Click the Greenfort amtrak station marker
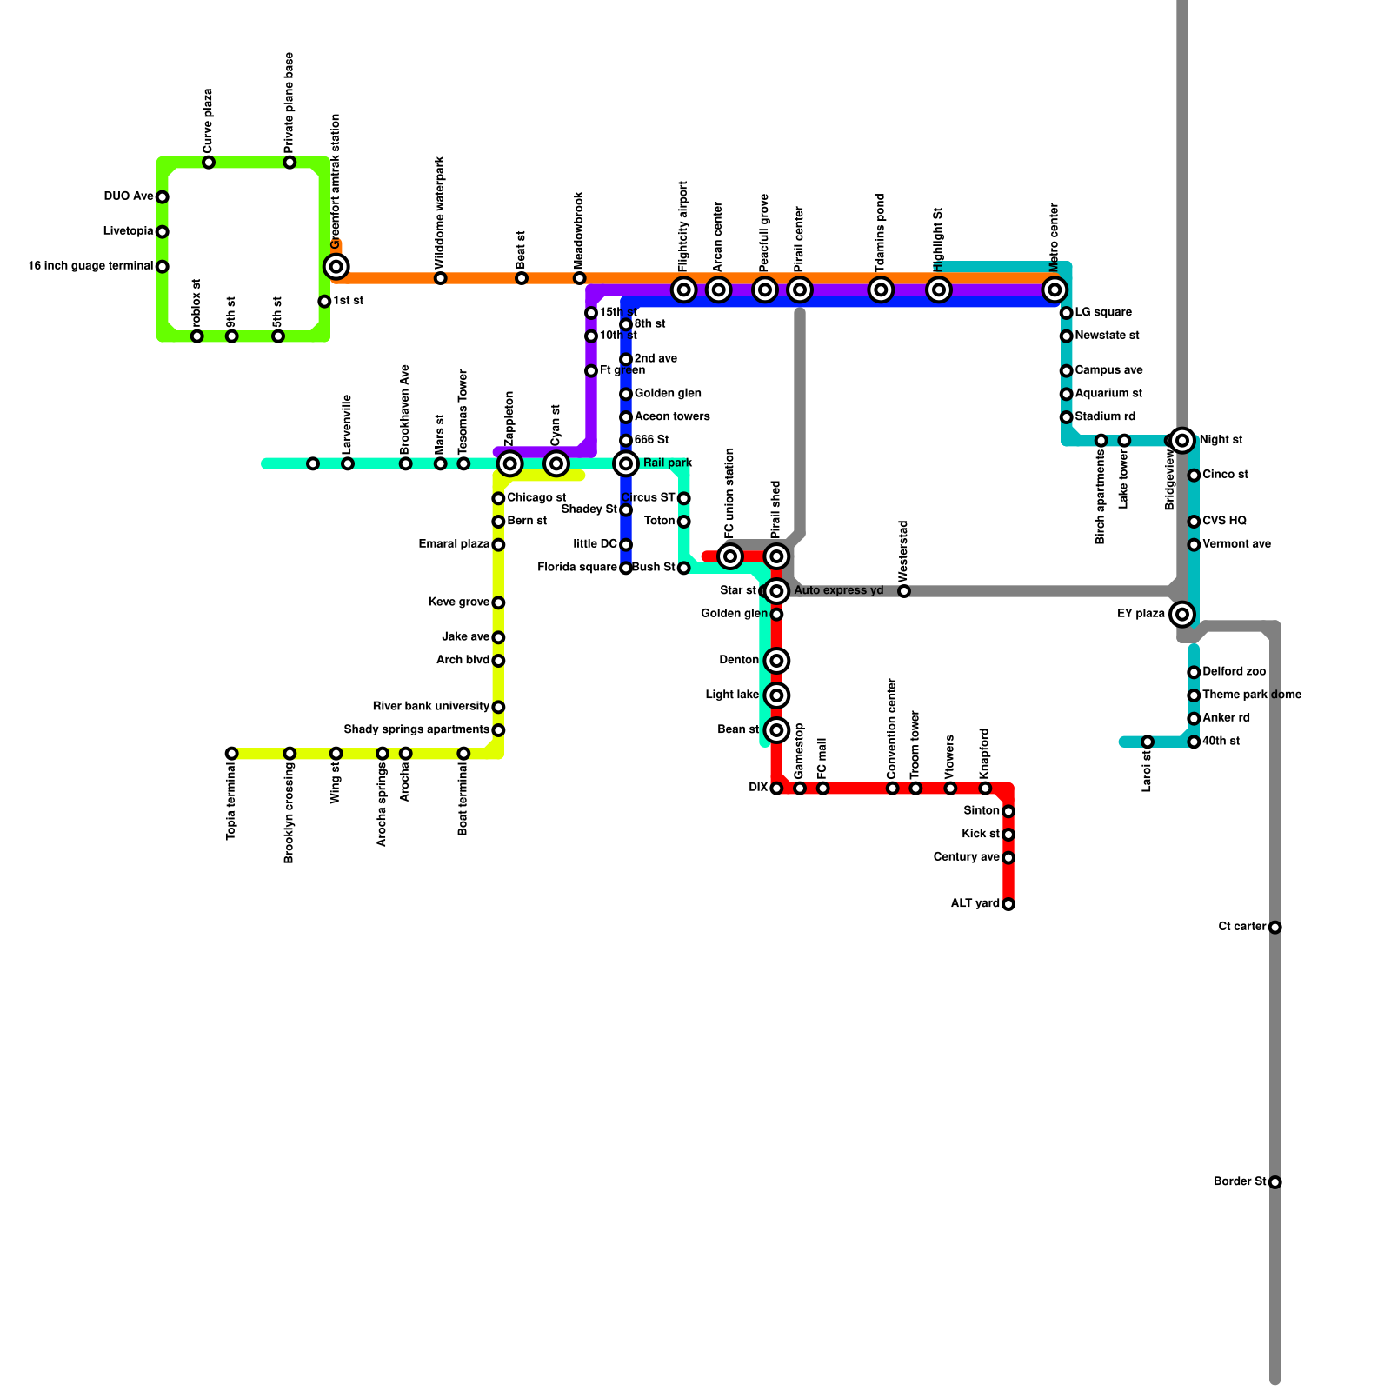[x=336, y=266]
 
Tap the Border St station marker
[x=1275, y=1182]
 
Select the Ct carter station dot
[x=1275, y=928]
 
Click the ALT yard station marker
[x=1008, y=904]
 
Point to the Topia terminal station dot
[x=231, y=754]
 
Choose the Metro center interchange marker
[x=1055, y=290]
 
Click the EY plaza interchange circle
[x=1181, y=615]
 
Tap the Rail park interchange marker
[x=626, y=463]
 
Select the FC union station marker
[x=730, y=556]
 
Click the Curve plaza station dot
[x=209, y=163]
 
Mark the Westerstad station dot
[x=904, y=591]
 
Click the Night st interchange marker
[x=1181, y=440]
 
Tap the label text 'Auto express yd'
[x=838, y=591]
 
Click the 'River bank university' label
[x=430, y=707]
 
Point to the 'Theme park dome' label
[x=1252, y=695]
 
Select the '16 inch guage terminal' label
[x=90, y=266]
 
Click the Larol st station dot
[x=1148, y=742]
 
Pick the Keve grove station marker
[x=498, y=602]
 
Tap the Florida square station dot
[x=626, y=568]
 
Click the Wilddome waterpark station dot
[x=441, y=278]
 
